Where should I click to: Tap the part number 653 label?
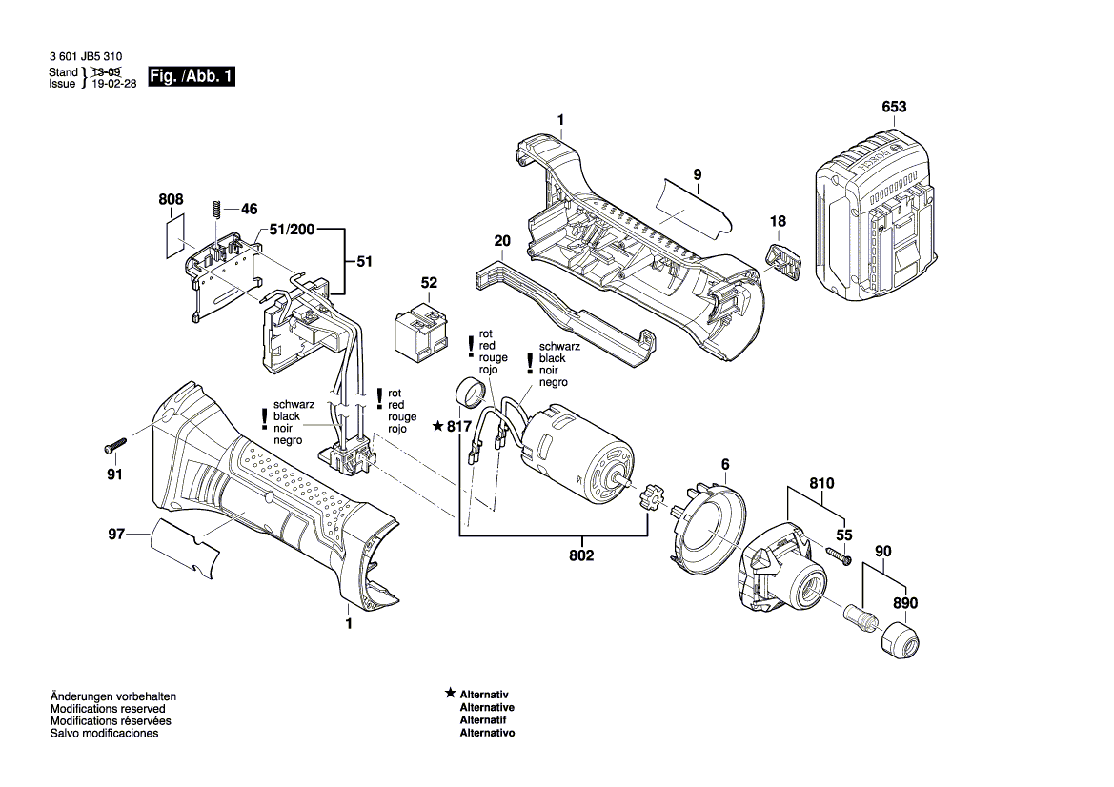point(894,108)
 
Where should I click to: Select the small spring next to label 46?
point(217,208)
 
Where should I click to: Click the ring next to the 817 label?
point(469,391)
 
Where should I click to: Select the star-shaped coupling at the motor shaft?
point(650,497)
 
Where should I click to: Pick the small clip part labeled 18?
point(782,258)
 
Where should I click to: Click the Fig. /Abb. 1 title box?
point(191,77)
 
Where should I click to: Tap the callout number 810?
point(821,484)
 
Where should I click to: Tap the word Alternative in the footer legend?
point(487,708)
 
